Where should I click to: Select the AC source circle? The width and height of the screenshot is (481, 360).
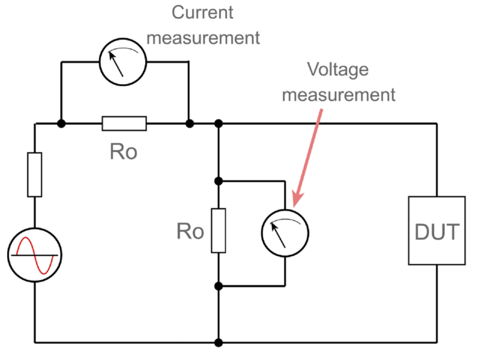click(x=35, y=255)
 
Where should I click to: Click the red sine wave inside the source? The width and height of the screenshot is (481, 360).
click(x=35, y=255)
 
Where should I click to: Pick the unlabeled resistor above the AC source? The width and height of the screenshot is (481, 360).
click(x=35, y=175)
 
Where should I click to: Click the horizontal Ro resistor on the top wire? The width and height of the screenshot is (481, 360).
click(x=124, y=123)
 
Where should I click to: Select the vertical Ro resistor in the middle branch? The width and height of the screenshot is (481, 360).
click(x=219, y=230)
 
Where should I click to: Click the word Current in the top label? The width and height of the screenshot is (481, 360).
click(x=203, y=12)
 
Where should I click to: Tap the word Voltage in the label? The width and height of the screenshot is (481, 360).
click(x=338, y=69)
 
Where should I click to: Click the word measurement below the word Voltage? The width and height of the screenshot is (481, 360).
click(x=339, y=95)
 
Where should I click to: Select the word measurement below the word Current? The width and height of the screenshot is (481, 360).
click(x=203, y=37)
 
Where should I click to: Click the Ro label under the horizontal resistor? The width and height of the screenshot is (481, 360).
click(x=123, y=153)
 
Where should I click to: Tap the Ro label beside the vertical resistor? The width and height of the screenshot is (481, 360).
click(x=190, y=232)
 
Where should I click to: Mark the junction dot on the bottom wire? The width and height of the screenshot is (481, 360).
click(x=219, y=343)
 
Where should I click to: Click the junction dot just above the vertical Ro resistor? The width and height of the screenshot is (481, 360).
click(x=219, y=181)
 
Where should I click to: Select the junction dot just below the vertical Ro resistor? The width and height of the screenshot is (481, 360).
click(x=219, y=285)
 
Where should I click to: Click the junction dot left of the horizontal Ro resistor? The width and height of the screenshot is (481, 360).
click(x=61, y=123)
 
